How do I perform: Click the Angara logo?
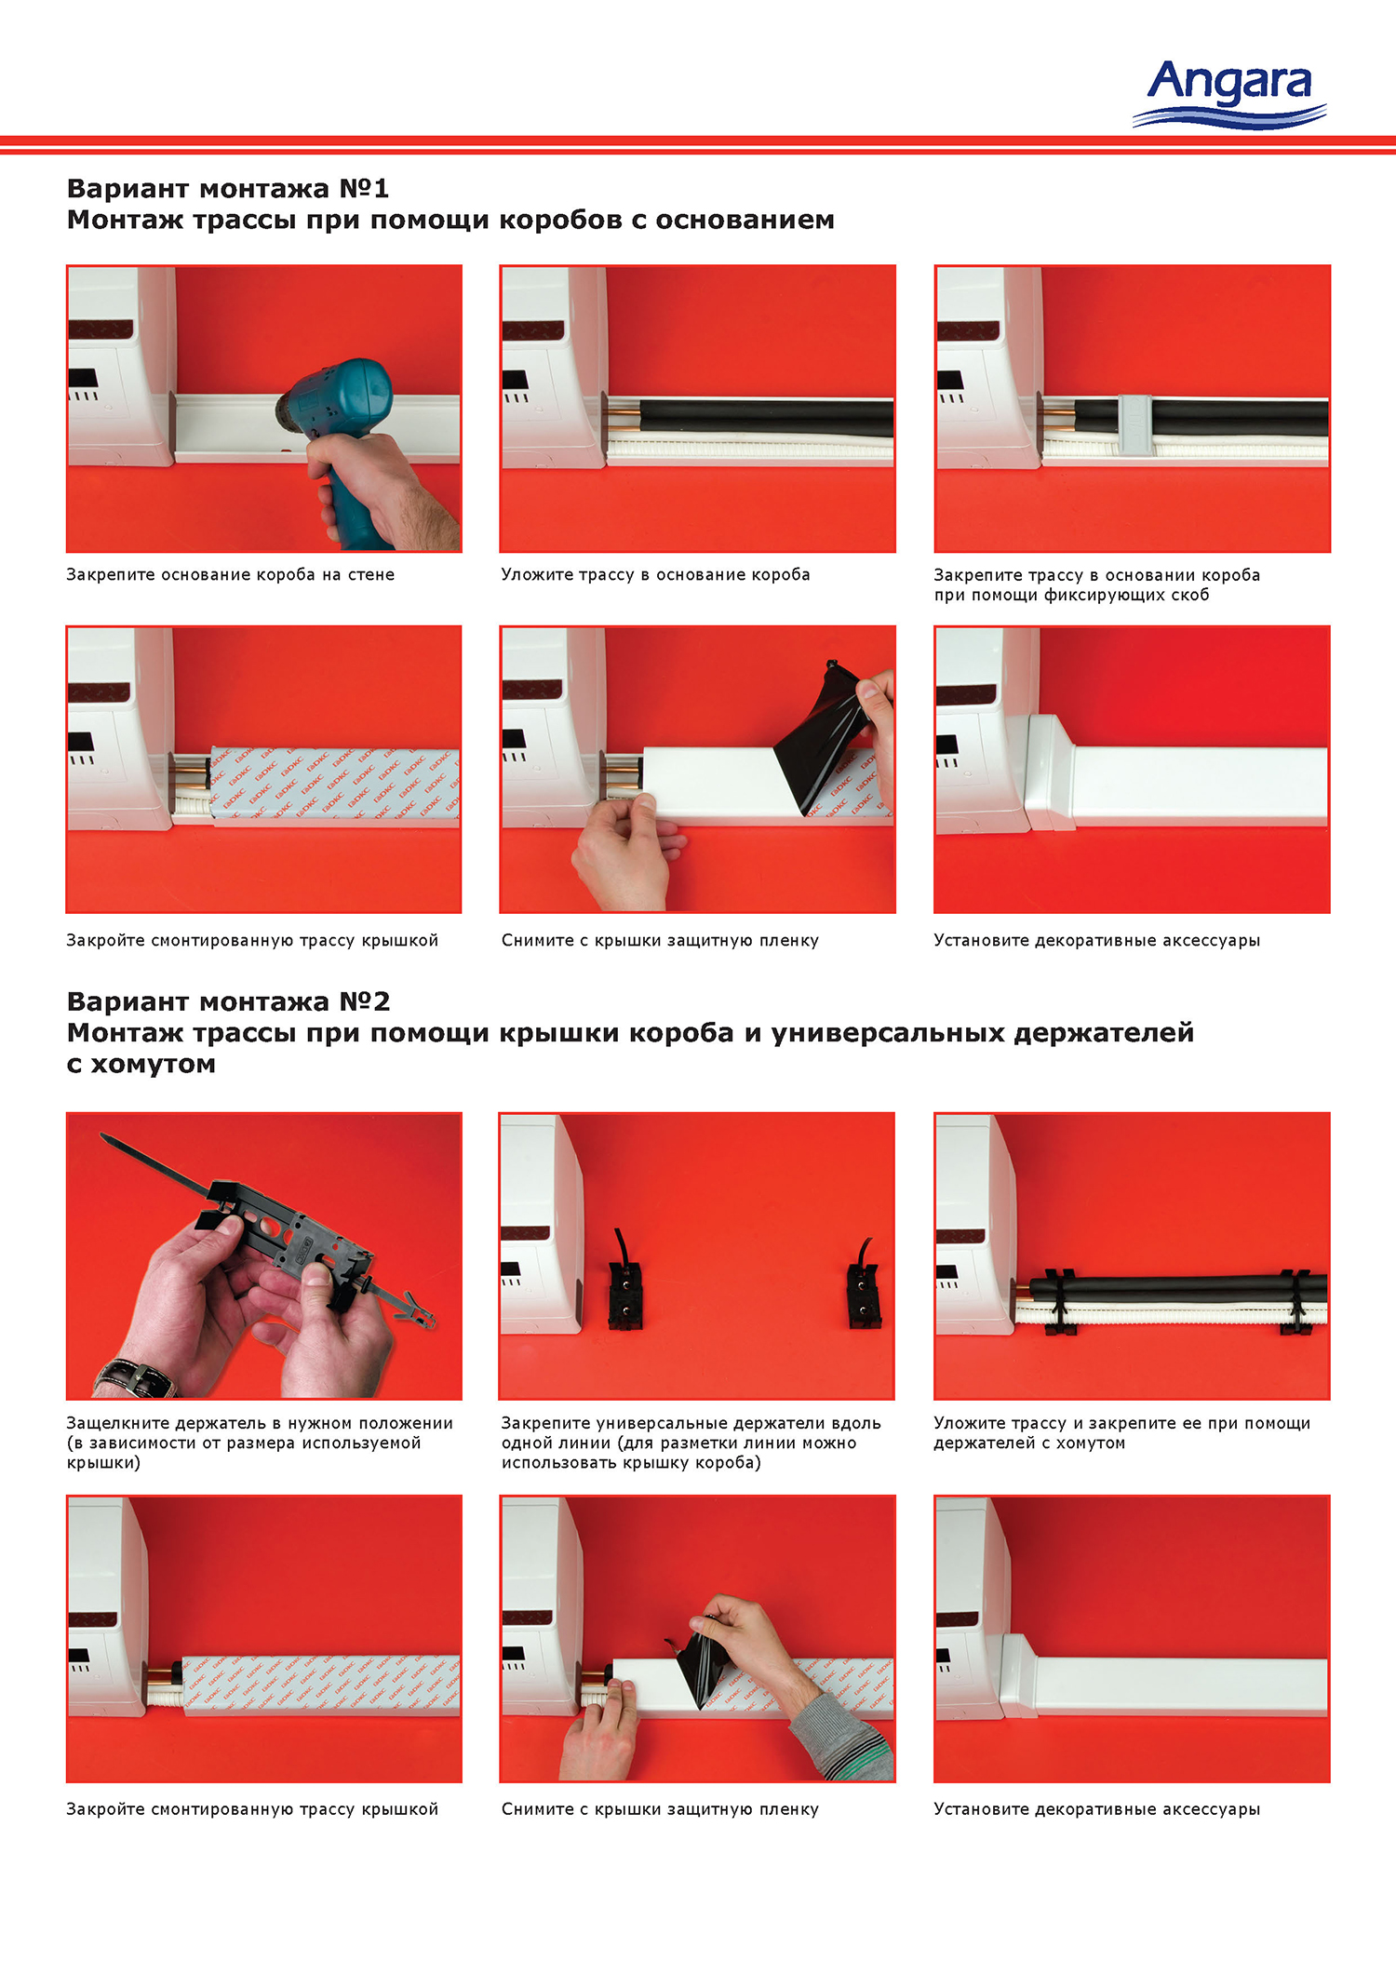click(x=1229, y=93)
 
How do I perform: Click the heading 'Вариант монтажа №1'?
click(x=228, y=188)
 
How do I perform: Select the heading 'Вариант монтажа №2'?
click(x=228, y=1001)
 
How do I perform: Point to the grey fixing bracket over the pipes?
click(x=1134, y=424)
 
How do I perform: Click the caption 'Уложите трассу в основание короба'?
click(x=655, y=574)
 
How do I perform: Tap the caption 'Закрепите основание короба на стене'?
click(x=230, y=574)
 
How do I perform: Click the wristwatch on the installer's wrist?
click(x=136, y=1376)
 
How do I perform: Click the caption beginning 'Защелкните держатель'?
click(x=260, y=1443)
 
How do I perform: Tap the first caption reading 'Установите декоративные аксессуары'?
click(x=1096, y=940)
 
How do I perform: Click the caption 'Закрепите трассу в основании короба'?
click(x=1096, y=574)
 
